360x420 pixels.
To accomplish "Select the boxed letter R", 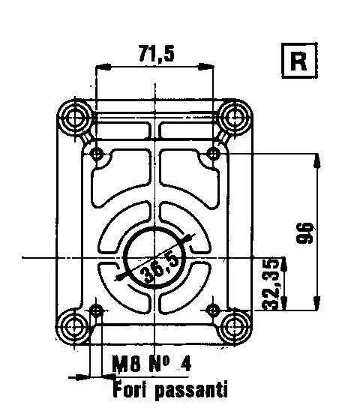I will (x=298, y=61).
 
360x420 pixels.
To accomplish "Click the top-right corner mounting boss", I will (x=236, y=115).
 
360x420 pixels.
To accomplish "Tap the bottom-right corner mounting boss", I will (x=236, y=326).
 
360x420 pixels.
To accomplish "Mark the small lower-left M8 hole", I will (x=96, y=309).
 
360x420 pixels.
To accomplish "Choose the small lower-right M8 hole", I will (x=214, y=309).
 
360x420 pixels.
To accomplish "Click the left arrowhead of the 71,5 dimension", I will (x=100, y=67).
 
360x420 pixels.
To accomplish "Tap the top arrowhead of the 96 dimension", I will (x=319, y=159).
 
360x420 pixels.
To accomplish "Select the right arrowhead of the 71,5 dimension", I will (x=209, y=67).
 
